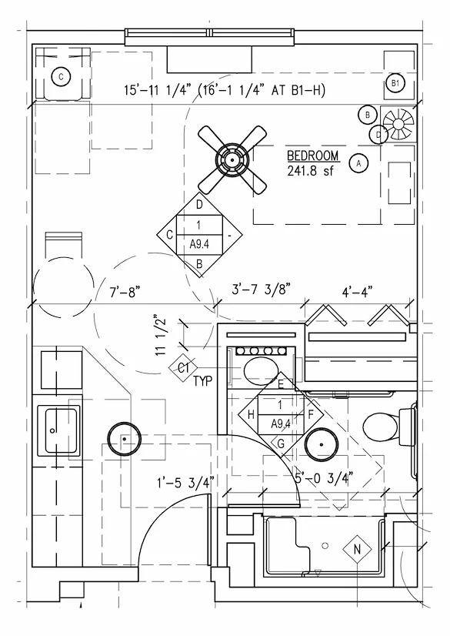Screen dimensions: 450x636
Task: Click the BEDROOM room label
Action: point(312,156)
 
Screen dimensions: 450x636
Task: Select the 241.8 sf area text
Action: point(310,171)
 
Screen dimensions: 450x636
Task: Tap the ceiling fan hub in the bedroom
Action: point(232,160)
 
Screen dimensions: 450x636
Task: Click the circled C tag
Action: point(62,77)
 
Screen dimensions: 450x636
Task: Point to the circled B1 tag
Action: point(395,84)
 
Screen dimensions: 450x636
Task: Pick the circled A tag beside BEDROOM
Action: point(358,163)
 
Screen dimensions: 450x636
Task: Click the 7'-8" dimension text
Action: point(125,292)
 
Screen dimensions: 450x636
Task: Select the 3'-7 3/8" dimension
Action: point(262,290)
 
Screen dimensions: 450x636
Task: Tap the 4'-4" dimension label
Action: point(357,291)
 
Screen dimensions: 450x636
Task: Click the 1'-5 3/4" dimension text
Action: point(185,483)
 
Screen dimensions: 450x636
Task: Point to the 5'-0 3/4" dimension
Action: point(324,477)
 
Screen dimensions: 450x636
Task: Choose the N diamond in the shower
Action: point(357,550)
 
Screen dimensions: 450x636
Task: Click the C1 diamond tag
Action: point(183,368)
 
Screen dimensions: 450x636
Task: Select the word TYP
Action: point(202,381)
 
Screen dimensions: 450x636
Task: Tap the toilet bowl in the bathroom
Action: point(380,427)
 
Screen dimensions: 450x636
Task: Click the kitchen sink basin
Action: point(62,430)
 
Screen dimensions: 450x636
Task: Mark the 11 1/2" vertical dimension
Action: point(161,336)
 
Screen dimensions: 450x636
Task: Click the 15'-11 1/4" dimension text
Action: point(157,89)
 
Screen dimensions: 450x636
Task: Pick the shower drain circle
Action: point(324,546)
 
